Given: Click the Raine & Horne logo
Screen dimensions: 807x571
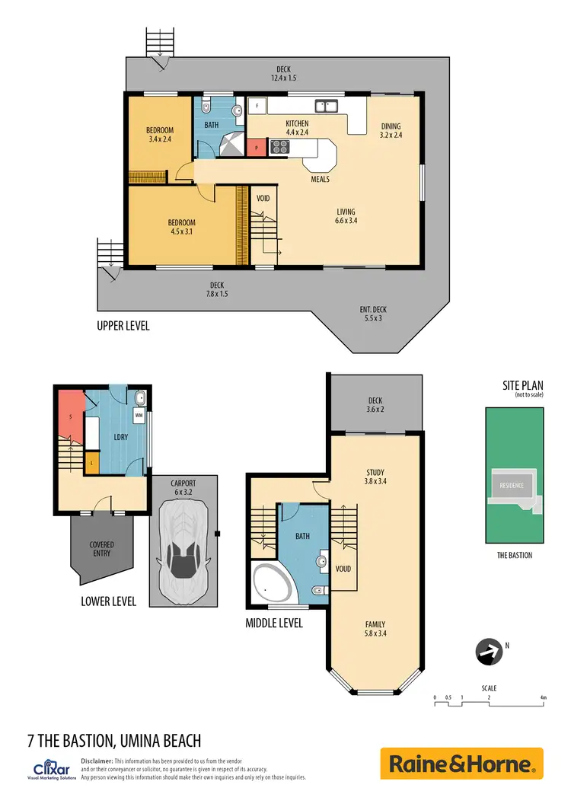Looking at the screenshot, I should coord(461,764).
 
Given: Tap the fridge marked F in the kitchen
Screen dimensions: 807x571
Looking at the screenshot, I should coord(257,105).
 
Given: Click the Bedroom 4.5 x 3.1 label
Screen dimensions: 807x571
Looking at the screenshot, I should coord(182,228).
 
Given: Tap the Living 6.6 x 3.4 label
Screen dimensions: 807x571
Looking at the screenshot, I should coord(346,216).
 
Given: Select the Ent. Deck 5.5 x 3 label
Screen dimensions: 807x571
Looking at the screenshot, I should coord(373,314).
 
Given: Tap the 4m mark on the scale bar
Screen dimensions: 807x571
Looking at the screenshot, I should coord(543,697).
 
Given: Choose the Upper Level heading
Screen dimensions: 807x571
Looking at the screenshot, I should coord(123,326).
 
